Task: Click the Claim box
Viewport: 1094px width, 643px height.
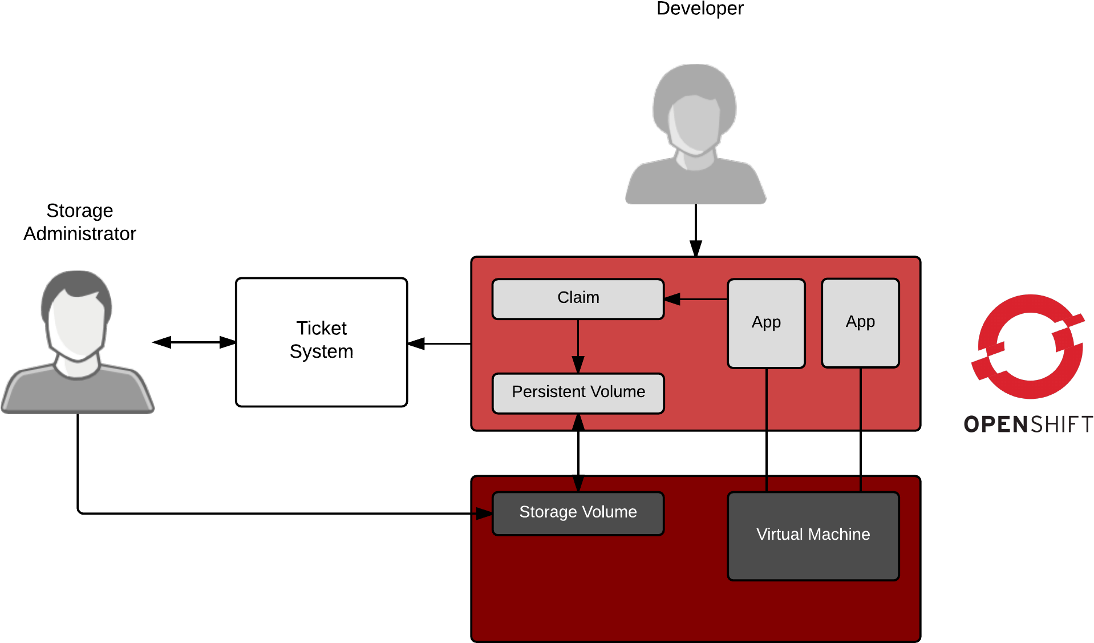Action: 578,298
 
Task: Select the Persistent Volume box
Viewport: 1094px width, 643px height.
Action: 578,393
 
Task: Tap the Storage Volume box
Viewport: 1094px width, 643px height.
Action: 578,513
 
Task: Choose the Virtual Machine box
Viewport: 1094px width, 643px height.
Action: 813,536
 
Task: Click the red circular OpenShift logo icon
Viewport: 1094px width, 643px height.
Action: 1030,346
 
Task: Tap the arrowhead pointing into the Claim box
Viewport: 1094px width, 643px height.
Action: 672,298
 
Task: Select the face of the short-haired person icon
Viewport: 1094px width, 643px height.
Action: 76,325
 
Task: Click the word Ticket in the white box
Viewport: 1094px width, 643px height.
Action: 321,328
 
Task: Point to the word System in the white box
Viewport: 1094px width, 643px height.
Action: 321,351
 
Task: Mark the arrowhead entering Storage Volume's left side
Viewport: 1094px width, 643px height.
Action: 485,514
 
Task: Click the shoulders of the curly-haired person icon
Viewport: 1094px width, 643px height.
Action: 695,183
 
